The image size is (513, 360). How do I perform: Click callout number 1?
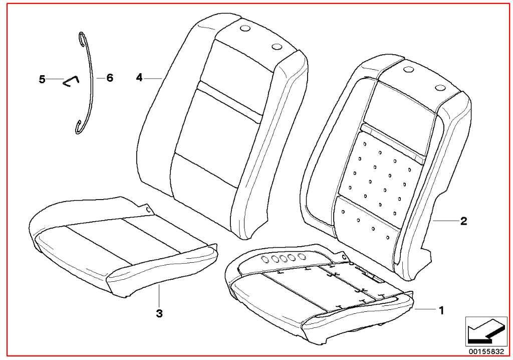[x=441, y=310]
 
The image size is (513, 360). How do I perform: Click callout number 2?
[x=463, y=221]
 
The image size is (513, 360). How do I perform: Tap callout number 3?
[x=159, y=313]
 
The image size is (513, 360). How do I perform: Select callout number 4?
[x=139, y=78]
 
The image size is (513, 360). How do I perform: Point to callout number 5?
[x=42, y=79]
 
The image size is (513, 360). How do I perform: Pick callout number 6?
[x=110, y=78]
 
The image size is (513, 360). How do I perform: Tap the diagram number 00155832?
[x=486, y=351]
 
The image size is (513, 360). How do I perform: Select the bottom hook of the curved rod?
[x=77, y=128]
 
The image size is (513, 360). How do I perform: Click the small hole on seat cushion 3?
[x=148, y=209]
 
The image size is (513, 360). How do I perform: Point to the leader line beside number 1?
[x=425, y=309]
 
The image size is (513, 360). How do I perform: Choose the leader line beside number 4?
[x=153, y=78]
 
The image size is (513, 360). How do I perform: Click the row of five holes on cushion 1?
[x=283, y=258]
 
